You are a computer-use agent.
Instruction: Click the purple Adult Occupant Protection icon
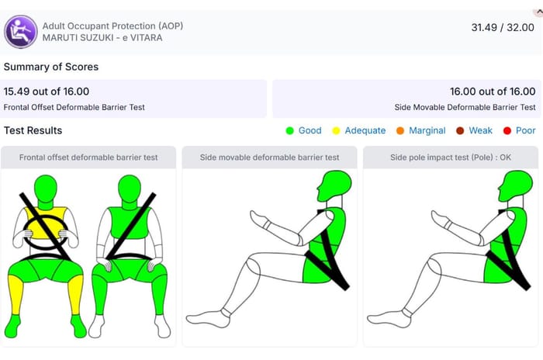click(21, 32)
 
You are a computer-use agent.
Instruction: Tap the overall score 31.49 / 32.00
click(503, 27)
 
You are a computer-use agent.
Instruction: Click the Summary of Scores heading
click(51, 67)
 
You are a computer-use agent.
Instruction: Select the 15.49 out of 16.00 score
click(47, 92)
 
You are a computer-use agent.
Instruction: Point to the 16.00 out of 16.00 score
click(493, 92)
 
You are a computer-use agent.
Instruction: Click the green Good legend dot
click(290, 130)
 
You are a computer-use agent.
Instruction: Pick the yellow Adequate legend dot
click(336, 130)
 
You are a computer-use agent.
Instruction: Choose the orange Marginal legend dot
click(400, 130)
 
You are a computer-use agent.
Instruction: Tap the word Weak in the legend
click(480, 130)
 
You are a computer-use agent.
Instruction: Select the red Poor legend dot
click(507, 130)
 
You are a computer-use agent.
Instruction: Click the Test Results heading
click(33, 130)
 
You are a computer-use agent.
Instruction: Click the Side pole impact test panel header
click(451, 157)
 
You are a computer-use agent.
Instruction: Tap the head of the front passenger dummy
click(130, 189)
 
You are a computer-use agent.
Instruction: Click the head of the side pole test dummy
click(516, 185)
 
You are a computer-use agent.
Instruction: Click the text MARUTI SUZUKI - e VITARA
click(102, 38)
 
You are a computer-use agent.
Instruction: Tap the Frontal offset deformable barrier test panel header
click(88, 157)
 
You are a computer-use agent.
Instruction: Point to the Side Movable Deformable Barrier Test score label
click(465, 107)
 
